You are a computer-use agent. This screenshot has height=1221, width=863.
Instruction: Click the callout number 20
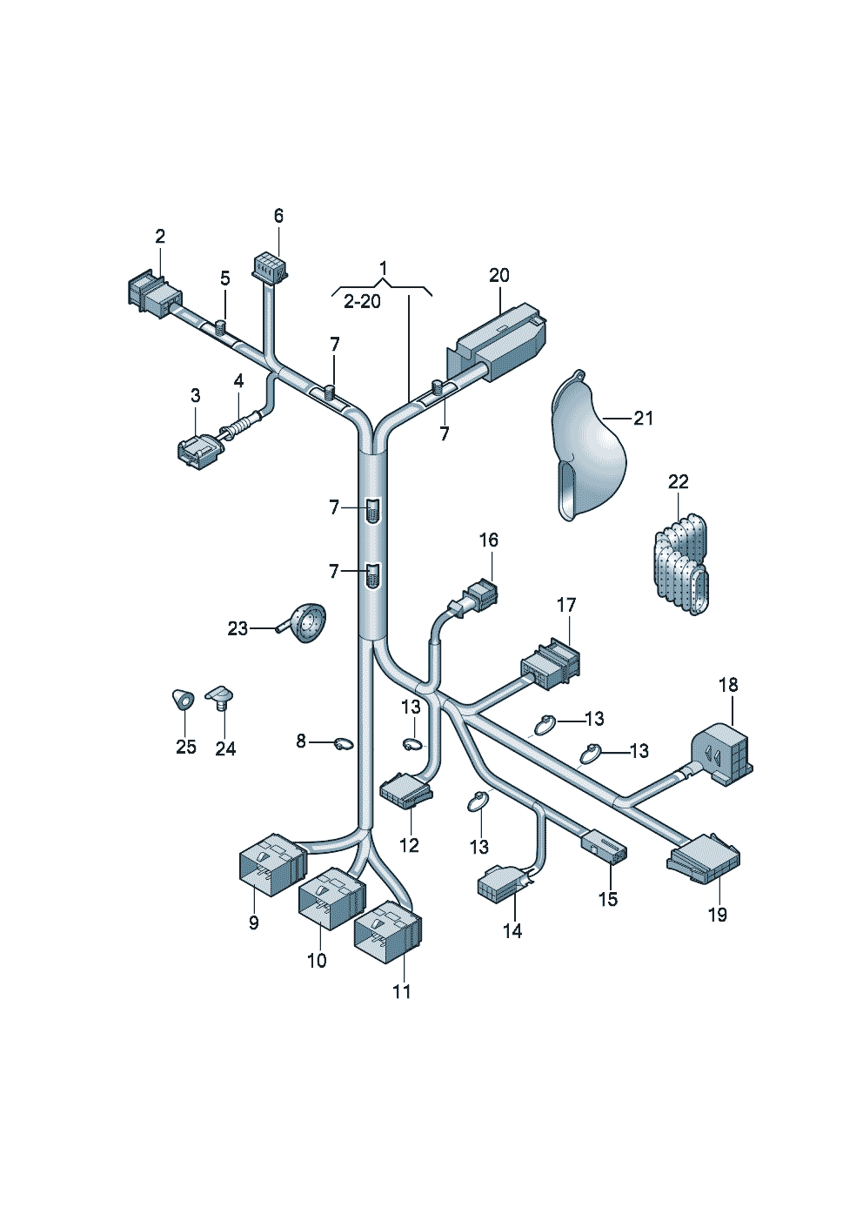(x=498, y=275)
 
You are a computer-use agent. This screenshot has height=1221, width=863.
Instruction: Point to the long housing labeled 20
(x=496, y=344)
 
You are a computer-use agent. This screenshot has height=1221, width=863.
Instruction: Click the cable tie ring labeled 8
(x=344, y=743)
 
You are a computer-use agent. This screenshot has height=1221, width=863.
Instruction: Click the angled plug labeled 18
(x=722, y=755)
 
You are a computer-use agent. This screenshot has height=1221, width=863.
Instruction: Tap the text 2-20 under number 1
(x=362, y=301)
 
